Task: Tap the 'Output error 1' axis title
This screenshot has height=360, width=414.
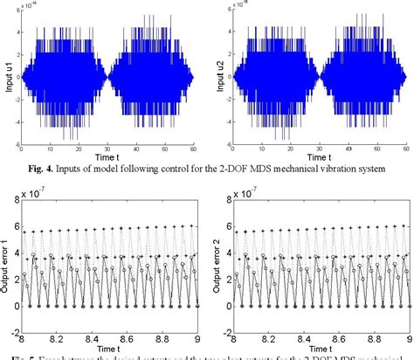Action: point(7,259)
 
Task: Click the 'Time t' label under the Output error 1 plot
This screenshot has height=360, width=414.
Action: point(108,350)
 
